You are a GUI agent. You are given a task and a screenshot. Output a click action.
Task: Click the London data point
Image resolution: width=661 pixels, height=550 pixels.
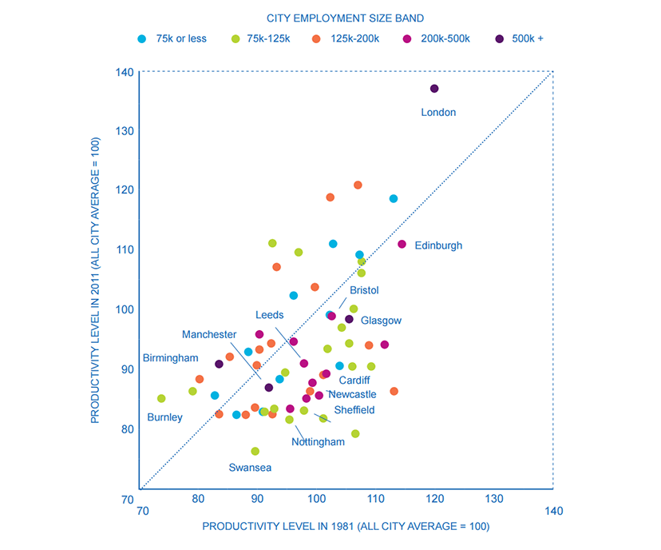[434, 89]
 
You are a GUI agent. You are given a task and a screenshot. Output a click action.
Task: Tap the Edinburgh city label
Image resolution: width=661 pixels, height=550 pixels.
[438, 245]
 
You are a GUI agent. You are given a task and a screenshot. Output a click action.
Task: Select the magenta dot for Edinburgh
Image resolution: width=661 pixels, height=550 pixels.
[402, 244]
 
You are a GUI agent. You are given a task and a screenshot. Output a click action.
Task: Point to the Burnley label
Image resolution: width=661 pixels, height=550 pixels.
[164, 417]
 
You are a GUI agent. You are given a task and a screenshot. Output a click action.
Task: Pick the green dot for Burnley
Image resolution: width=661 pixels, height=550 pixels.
[161, 398]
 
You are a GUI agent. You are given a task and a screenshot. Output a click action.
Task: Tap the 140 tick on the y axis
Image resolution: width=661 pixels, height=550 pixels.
[123, 72]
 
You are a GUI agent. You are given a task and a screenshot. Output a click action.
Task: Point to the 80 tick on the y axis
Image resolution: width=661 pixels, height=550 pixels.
[126, 428]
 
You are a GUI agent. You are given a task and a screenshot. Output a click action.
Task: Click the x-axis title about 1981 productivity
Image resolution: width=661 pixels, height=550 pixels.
[346, 526]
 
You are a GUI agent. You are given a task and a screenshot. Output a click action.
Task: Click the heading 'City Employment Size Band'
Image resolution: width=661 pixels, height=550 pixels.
[346, 16]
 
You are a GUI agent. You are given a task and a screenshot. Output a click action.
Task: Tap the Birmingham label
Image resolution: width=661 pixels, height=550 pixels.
[170, 357]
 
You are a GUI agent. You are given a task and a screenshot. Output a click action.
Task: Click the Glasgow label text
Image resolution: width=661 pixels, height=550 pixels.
[381, 321]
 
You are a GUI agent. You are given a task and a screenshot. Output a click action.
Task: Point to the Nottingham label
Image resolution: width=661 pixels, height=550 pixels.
[318, 442]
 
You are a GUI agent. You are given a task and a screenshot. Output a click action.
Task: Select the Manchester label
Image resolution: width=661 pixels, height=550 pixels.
[209, 334]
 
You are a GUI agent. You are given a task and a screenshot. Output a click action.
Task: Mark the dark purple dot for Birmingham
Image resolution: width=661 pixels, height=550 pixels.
[219, 364]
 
